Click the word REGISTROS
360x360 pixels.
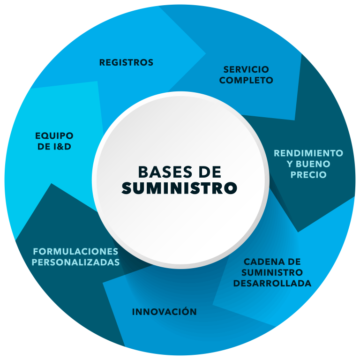coord(126,62)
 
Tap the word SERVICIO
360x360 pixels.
coord(246,69)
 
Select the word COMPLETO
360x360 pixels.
coord(246,80)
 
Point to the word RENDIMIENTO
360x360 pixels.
coord(308,153)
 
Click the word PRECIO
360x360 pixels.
coord(308,175)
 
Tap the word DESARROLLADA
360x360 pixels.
coord(272,284)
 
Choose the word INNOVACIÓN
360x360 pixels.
coord(164,312)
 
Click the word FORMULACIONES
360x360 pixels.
coord(75,251)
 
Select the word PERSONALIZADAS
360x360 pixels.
coord(76,262)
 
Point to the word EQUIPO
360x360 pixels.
coord(54,136)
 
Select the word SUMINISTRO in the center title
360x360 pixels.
coord(180,188)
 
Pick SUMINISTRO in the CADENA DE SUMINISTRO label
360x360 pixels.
coord(272,272)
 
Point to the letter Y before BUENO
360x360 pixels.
coord(290,164)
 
